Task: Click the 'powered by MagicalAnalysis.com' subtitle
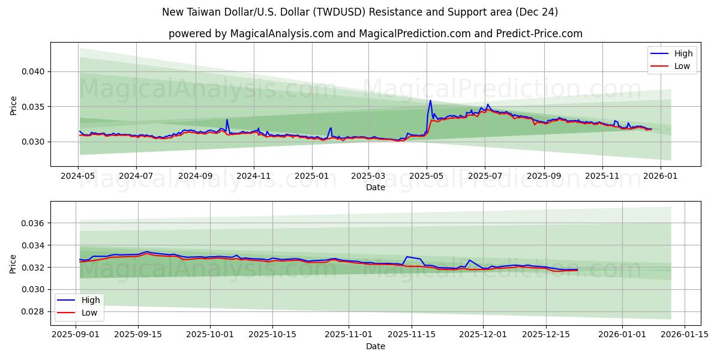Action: point(375,34)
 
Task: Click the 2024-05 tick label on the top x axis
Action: point(79,176)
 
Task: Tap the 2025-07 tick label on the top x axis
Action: point(485,176)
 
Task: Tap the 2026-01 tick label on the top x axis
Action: point(661,176)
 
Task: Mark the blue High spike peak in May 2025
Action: point(430,100)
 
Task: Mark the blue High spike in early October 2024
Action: point(227,119)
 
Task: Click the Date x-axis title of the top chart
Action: point(375,187)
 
